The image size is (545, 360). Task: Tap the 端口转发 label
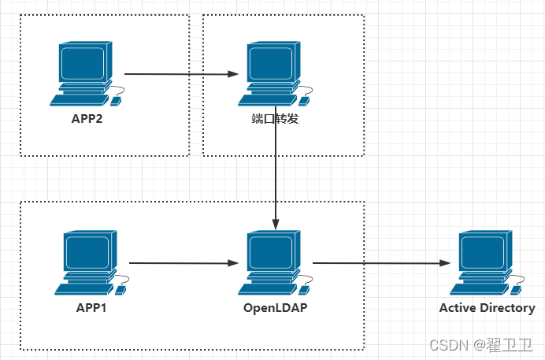[x=275, y=120]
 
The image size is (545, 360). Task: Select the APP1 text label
[x=91, y=308]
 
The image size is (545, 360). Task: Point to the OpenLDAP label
[x=275, y=308]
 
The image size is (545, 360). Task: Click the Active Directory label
[x=487, y=308]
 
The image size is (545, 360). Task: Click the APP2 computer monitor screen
[x=83, y=63]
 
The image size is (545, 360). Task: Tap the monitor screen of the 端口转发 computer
[x=270, y=63]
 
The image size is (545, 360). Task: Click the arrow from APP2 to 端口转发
[x=181, y=74]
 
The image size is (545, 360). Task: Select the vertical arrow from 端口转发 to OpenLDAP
[x=276, y=169]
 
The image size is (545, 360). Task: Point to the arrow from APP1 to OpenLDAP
[x=184, y=263]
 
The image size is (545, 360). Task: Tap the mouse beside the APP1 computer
[x=120, y=290]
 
